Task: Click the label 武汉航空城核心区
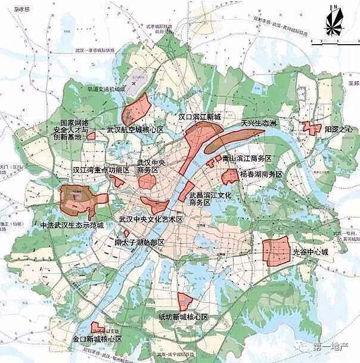[135, 129]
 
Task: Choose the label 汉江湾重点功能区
[101, 170]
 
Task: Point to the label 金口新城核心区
[97, 339]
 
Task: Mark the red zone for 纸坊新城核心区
[185, 302]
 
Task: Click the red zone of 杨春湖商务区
[230, 176]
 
